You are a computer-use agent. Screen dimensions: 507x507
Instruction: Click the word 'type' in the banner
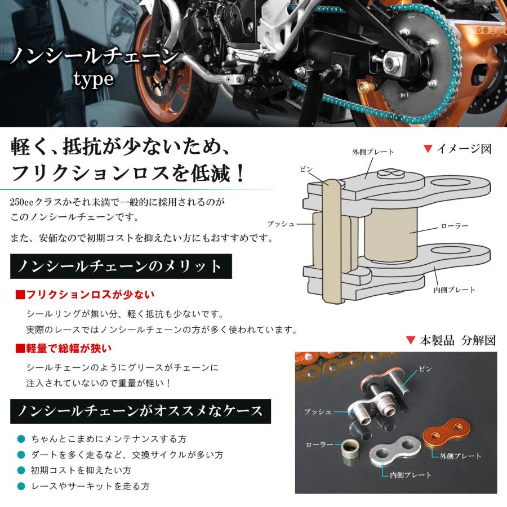pyautogui.click(x=94, y=78)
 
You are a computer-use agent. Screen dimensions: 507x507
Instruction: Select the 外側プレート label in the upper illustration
pyautogui.click(x=373, y=152)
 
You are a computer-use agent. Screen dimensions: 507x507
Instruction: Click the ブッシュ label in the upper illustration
pyautogui.click(x=281, y=224)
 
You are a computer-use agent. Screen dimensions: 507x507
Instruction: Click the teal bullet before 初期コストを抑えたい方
pyautogui.click(x=21, y=470)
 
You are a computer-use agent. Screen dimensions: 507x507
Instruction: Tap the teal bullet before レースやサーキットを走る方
pyautogui.click(x=21, y=486)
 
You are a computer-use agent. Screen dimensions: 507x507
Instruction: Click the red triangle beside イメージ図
pyautogui.click(x=428, y=149)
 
